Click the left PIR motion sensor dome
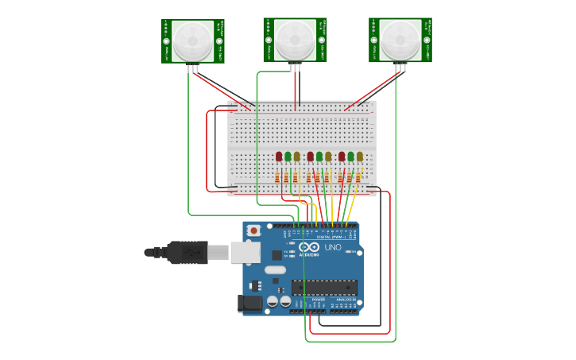point(193,41)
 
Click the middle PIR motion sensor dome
point(295,39)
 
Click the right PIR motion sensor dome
point(400,40)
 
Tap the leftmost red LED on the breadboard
point(279,157)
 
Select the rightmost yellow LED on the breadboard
point(360,157)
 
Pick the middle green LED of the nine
point(319,157)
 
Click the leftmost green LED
point(288,157)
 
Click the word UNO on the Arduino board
point(333,248)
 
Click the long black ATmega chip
point(323,287)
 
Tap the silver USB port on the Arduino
point(245,253)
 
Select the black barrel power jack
point(250,304)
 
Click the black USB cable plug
point(187,252)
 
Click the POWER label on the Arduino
point(318,300)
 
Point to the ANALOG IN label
point(346,300)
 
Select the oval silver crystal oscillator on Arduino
point(275,270)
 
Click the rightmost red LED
point(342,157)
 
